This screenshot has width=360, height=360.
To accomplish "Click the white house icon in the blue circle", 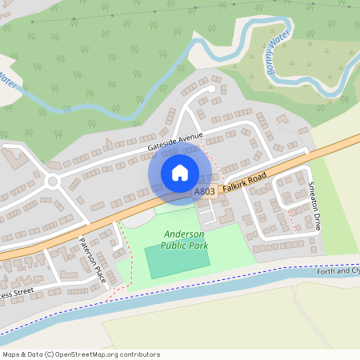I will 179,172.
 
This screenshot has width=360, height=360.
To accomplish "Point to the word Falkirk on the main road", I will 238,185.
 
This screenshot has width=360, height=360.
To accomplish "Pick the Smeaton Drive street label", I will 314,206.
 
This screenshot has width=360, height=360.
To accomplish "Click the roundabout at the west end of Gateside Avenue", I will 53,182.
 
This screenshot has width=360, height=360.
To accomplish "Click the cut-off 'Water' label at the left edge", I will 8,81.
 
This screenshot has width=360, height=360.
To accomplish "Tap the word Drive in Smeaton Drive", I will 317,218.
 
